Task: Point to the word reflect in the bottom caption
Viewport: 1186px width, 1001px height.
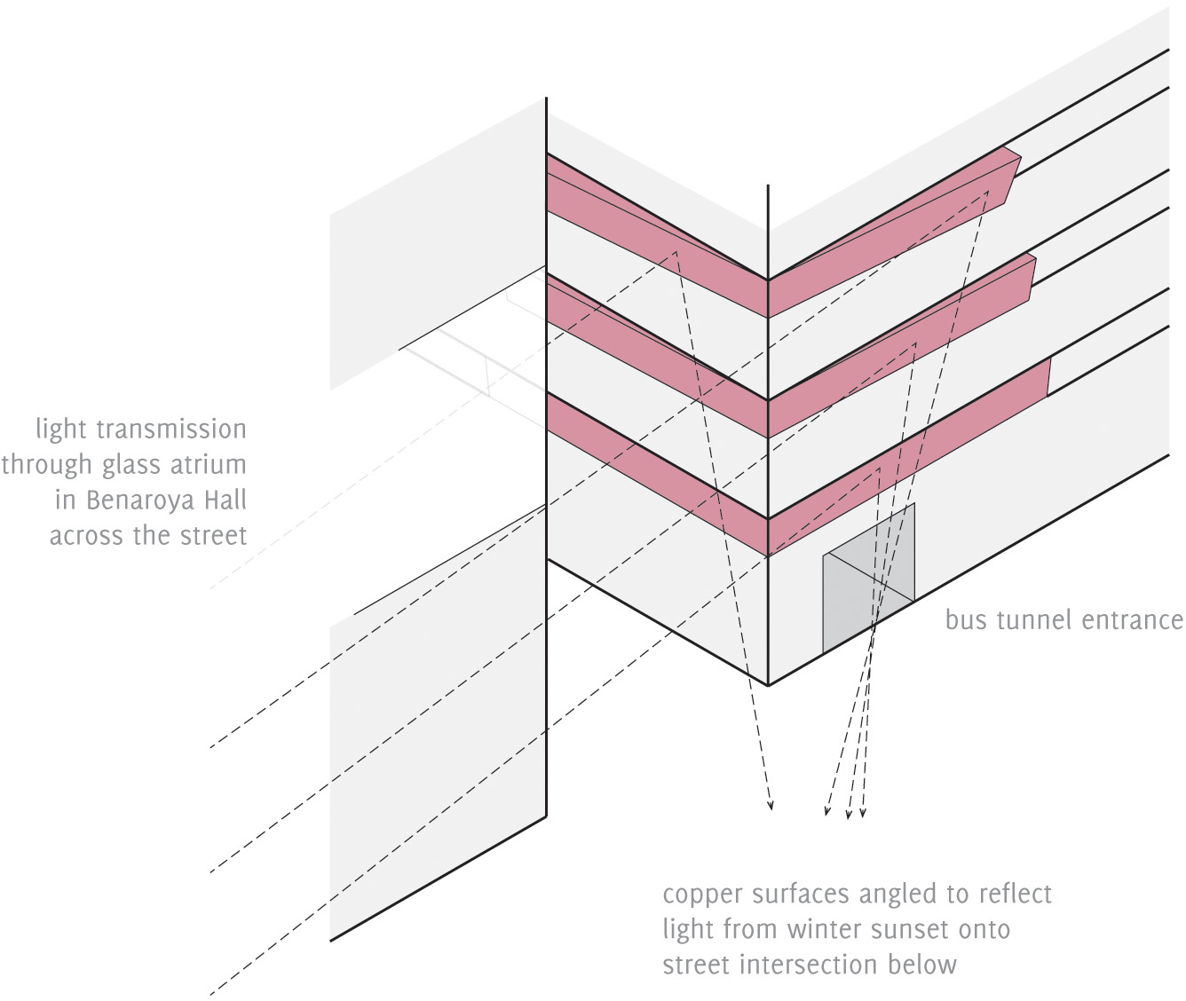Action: (x=1011, y=894)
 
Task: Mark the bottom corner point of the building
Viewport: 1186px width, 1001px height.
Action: (x=768, y=684)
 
